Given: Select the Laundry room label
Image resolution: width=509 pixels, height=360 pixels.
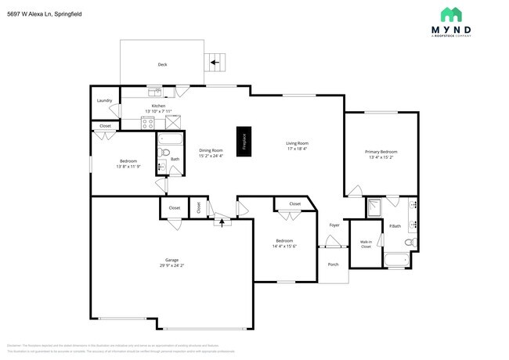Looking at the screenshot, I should tap(104, 101).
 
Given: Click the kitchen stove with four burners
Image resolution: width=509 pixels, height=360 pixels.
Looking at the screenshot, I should tap(146, 121).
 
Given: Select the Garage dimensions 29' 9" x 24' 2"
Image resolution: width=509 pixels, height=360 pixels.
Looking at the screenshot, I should tap(171, 265).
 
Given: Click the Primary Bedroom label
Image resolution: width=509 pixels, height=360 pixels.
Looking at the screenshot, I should tap(381, 152).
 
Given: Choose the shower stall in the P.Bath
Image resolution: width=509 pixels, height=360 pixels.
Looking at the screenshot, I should tap(375, 207).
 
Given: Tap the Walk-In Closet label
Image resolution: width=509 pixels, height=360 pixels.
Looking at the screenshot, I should tap(365, 244).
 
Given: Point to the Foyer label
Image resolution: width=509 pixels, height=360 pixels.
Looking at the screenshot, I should tap(334, 225).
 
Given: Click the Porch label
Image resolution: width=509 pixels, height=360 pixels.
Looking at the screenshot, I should tap(333, 265).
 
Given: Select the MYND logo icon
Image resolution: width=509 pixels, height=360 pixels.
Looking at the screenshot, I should tap(450, 14).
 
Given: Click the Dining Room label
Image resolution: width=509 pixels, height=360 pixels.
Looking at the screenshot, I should tap(211, 149).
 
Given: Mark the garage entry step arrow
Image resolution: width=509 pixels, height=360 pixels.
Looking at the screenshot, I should tap(222, 222).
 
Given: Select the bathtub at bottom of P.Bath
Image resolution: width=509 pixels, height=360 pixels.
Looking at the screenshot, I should tap(398, 260).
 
